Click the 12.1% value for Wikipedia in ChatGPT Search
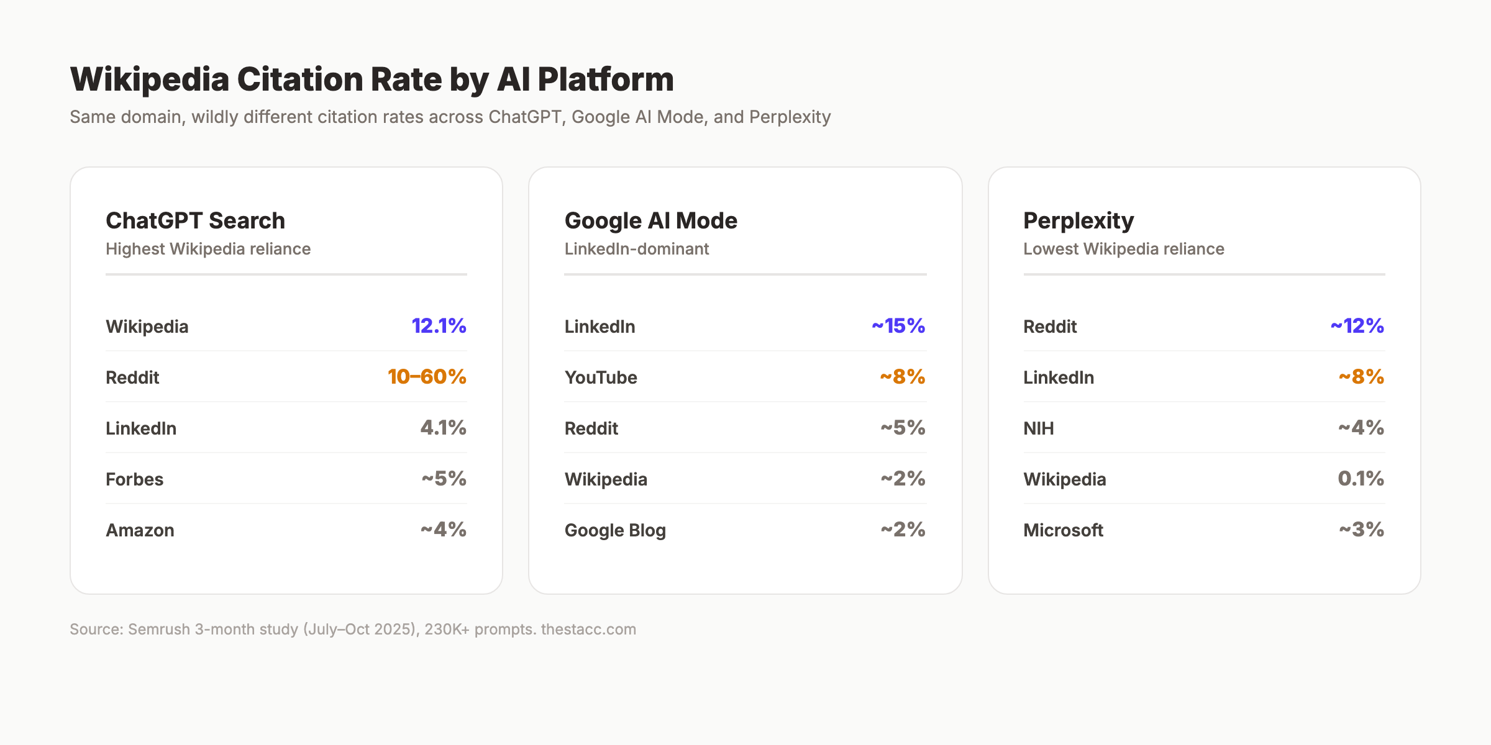point(439,326)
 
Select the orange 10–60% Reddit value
point(427,377)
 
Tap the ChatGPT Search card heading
point(195,221)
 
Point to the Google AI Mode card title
point(650,221)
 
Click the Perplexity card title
point(1078,221)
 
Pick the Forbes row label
point(134,479)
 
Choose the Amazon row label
point(140,530)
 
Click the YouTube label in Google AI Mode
point(601,377)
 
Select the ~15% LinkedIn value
point(898,326)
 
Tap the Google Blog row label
point(615,530)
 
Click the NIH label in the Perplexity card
point(1038,428)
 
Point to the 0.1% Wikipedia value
point(1360,479)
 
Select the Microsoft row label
point(1063,530)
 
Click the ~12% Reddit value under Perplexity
point(1357,326)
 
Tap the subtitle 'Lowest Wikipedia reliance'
point(1123,249)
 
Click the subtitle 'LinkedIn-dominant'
point(636,249)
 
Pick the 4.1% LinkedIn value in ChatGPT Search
point(443,428)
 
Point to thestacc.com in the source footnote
point(588,630)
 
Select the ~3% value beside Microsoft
point(1361,530)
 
